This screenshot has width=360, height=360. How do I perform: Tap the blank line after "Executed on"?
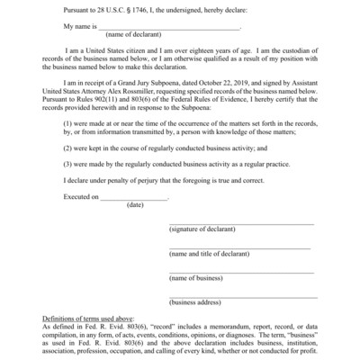coord(134,197)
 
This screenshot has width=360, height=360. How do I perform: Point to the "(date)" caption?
coord(135,205)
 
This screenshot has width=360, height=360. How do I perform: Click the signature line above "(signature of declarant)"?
coord(241,223)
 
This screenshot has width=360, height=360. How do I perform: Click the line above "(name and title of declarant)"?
coord(241,247)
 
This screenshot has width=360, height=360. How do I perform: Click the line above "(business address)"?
coord(241,295)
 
